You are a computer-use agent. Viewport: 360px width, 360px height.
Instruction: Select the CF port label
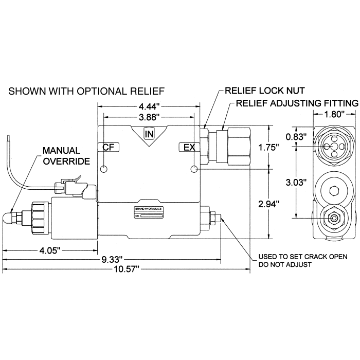108,148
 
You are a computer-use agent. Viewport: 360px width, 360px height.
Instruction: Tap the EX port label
189,148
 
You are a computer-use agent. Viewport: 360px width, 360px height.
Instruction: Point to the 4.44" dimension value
149,107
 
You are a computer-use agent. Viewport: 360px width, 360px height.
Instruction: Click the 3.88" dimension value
149,117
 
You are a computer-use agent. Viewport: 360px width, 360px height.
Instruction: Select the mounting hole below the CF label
104,170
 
